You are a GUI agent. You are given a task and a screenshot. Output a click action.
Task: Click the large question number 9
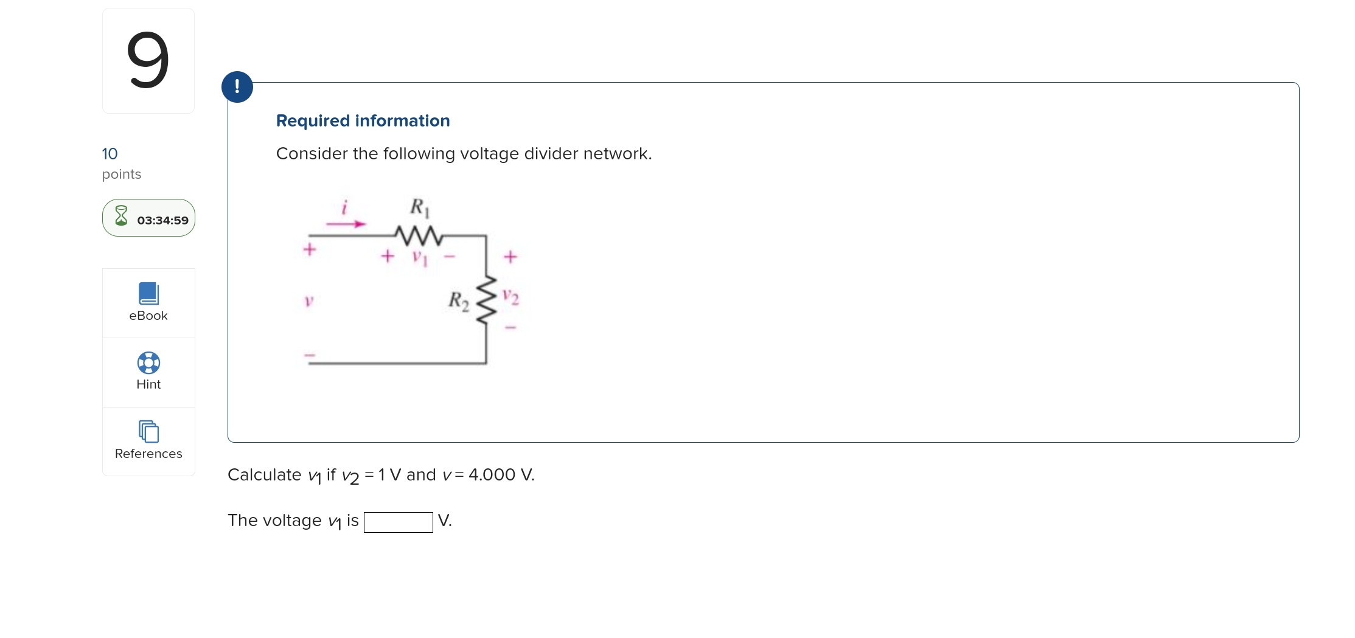(148, 60)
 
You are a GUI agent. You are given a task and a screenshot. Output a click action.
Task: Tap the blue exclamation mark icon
(237, 87)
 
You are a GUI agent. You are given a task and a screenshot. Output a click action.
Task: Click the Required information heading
(363, 120)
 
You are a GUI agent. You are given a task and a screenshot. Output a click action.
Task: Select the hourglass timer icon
(122, 217)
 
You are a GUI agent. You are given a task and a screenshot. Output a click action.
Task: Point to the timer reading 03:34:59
(162, 220)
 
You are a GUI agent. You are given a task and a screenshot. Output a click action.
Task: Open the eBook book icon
(148, 293)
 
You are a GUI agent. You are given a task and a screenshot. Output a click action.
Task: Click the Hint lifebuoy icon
(148, 362)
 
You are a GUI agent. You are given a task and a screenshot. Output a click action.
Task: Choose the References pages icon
(148, 431)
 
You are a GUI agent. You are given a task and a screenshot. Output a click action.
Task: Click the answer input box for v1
(398, 522)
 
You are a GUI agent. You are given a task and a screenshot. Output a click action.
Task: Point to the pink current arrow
(346, 224)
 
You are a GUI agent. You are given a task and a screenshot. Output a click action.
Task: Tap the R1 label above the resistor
(419, 207)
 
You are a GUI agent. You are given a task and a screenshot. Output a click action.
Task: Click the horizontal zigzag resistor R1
(418, 234)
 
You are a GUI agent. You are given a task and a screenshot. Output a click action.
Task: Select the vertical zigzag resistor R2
(486, 300)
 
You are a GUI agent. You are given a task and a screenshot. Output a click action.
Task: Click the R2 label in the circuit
(459, 300)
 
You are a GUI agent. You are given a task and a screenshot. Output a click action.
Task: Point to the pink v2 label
(510, 297)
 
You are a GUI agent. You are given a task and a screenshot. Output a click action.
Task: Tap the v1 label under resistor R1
(420, 257)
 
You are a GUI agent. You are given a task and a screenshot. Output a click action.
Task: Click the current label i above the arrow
(344, 207)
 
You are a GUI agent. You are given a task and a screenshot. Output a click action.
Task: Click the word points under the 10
(122, 175)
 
